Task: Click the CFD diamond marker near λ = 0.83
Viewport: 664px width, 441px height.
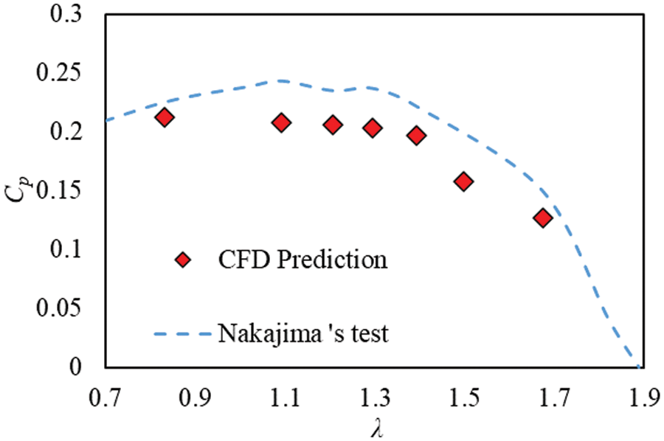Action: coord(165,117)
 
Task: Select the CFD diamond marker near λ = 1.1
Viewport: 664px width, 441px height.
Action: coord(281,123)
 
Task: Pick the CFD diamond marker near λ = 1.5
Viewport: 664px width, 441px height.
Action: coord(463,181)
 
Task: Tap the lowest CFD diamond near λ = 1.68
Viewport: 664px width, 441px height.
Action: coord(543,218)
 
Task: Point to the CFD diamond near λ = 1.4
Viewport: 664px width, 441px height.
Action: coord(417,136)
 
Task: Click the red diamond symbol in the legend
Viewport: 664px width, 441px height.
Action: coord(184,260)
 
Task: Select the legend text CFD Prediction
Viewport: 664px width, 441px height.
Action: coord(302,260)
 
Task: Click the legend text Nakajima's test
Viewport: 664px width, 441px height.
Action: coord(302,334)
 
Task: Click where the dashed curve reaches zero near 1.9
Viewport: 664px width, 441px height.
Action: coord(637,366)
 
